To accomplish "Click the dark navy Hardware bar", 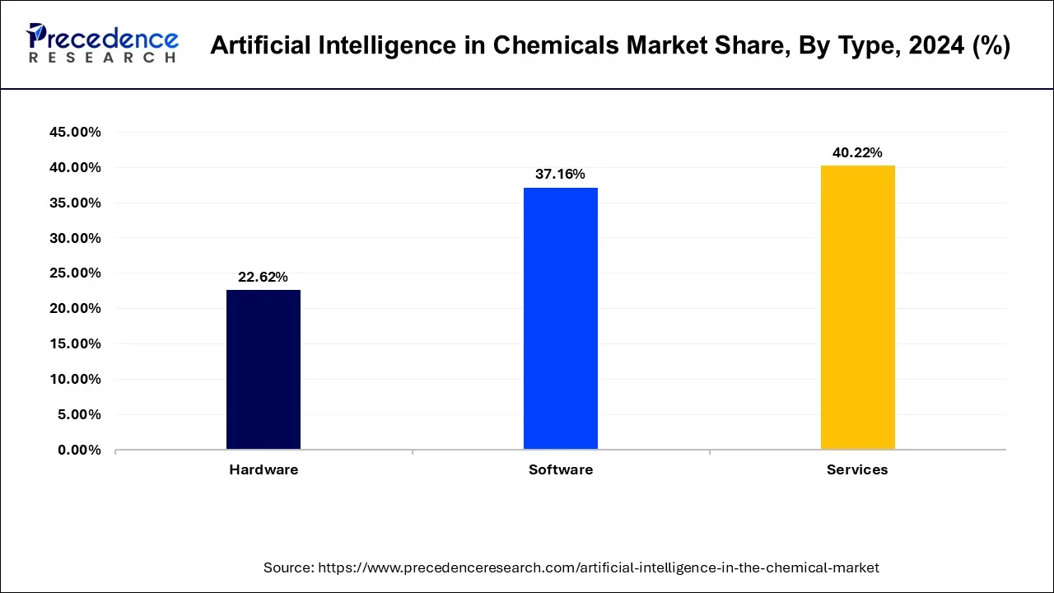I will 263,370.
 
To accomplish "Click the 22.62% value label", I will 263,278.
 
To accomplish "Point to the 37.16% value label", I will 561,174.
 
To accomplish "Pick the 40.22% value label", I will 857,152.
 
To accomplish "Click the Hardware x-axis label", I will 263,469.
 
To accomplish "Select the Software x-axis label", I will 561,469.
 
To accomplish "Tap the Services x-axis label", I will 857,469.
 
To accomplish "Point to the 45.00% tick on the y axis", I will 75,133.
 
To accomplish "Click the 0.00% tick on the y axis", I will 78,450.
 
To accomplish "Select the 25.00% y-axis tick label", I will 75,273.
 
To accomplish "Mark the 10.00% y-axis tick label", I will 75,379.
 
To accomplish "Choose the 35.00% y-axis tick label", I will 75,203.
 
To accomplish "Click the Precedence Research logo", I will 102,44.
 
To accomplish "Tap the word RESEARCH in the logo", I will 102,58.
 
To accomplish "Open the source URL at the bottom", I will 599,567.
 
